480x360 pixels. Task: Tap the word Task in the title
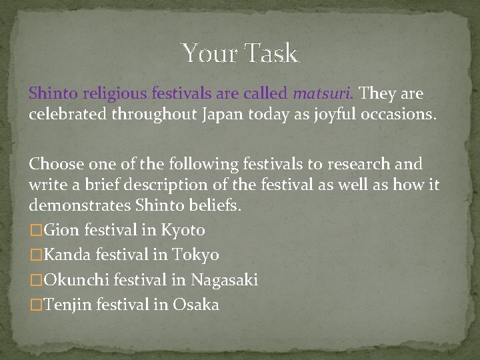click(x=271, y=53)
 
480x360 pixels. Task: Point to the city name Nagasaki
click(x=225, y=280)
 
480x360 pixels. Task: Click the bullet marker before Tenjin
click(x=35, y=305)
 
